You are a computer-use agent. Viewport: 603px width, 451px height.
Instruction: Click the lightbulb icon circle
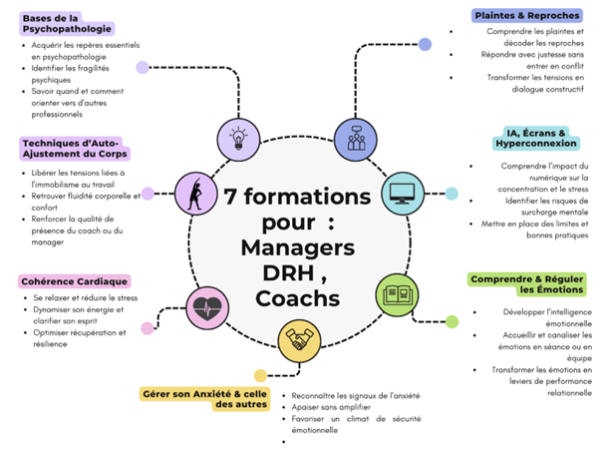(x=238, y=138)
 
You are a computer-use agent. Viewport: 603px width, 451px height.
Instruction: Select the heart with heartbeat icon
(x=208, y=303)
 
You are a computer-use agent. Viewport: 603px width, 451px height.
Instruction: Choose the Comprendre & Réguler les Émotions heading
(x=525, y=284)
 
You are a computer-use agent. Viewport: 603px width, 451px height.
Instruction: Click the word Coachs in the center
(x=298, y=298)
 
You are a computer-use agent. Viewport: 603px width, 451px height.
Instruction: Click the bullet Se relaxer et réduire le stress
(x=85, y=298)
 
